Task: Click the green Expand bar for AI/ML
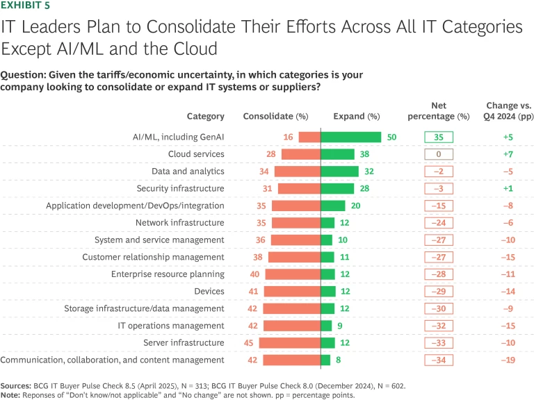pyautogui.click(x=350, y=137)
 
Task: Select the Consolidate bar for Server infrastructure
pyautogui.click(x=289, y=342)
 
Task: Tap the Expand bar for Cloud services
pyautogui.click(x=337, y=154)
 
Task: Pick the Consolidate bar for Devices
pyautogui.click(x=293, y=291)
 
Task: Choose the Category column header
pyautogui.click(x=205, y=116)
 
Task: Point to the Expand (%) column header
pyautogui.click(x=357, y=116)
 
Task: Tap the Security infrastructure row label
pyautogui.click(x=180, y=188)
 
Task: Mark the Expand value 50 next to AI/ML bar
pyautogui.click(x=391, y=137)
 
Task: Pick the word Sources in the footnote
pyautogui.click(x=17, y=384)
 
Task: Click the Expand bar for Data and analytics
pyautogui.click(x=339, y=171)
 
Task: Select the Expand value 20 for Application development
pyautogui.click(x=355, y=206)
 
